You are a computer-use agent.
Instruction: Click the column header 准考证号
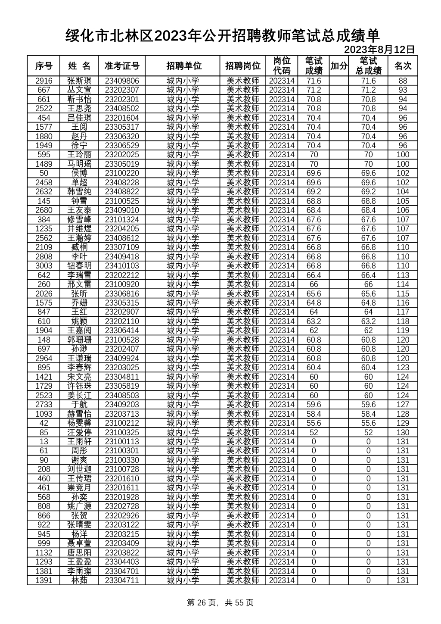click(x=122, y=66)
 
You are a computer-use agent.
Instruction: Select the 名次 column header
click(x=403, y=66)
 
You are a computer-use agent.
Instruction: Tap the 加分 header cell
click(x=339, y=66)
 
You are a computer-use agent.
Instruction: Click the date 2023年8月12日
click(x=379, y=50)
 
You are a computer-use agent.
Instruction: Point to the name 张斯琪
click(x=79, y=81)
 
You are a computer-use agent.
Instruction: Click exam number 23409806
click(x=122, y=81)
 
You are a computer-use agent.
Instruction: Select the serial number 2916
click(x=44, y=81)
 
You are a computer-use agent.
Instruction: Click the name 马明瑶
click(x=79, y=164)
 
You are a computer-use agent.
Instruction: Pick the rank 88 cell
click(x=403, y=81)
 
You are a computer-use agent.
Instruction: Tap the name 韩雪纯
click(x=79, y=192)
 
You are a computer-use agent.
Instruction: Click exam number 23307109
click(x=122, y=247)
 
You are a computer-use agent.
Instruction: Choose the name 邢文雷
click(x=79, y=284)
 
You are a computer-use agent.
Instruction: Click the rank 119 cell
click(x=403, y=331)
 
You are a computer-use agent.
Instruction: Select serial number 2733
click(x=44, y=405)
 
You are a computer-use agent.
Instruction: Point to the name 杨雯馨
click(x=79, y=423)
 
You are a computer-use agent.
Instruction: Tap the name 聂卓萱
click(x=79, y=543)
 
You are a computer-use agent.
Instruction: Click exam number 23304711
click(x=122, y=580)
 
